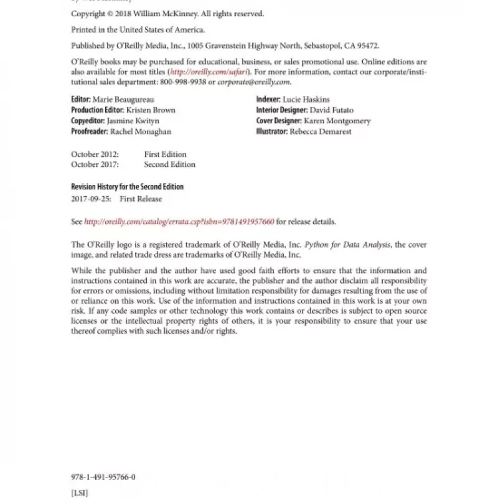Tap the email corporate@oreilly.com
point(254,82)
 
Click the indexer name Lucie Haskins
point(306,100)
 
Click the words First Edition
point(165,154)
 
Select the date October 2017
point(94,165)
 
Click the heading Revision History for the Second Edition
point(127,187)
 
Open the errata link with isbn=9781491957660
point(179,222)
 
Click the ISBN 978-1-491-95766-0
point(103,477)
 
